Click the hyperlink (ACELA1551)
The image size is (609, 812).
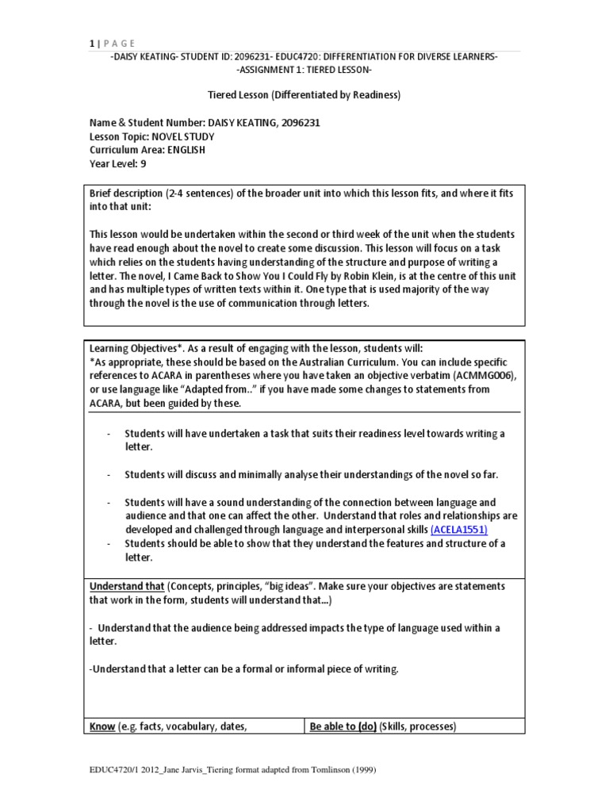coord(459,529)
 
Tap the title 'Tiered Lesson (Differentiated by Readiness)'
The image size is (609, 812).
coord(304,95)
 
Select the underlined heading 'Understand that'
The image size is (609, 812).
coord(126,585)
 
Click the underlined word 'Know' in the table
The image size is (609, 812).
coord(102,726)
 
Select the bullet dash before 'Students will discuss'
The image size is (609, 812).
coord(109,474)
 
